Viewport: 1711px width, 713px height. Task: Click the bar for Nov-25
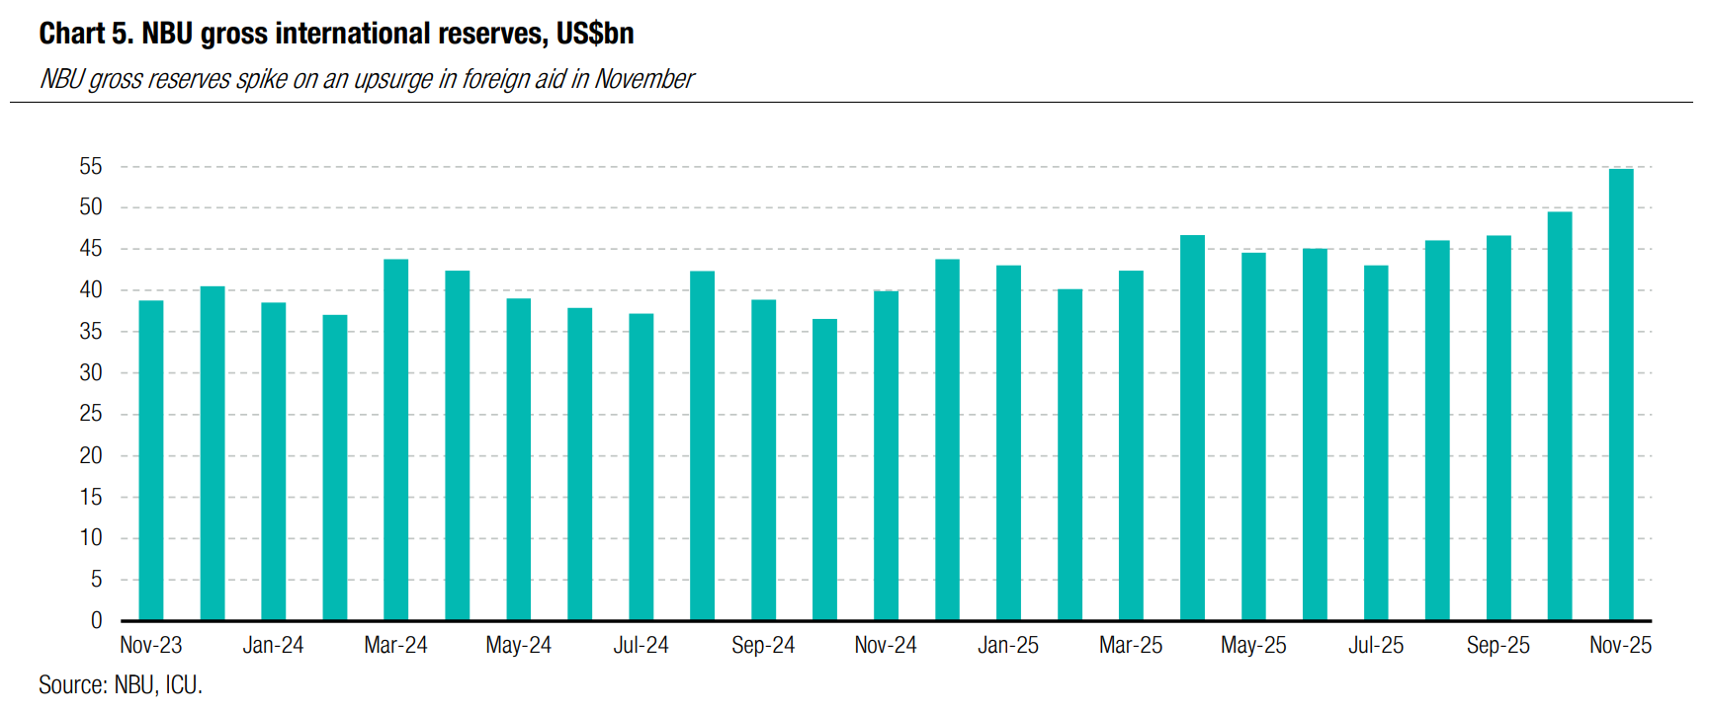tap(1620, 395)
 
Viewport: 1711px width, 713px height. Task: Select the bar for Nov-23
tap(151, 460)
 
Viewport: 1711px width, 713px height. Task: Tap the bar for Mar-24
tap(395, 439)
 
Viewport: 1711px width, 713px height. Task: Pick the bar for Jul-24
tap(641, 467)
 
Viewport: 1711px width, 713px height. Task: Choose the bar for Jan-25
tap(1008, 442)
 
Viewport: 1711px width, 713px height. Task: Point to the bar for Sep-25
tap(1498, 428)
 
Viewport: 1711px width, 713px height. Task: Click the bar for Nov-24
tap(886, 455)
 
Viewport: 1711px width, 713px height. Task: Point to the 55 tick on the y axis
tap(91, 167)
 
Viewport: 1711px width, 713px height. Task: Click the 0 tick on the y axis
tap(97, 620)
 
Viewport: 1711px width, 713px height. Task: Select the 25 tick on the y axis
tap(91, 414)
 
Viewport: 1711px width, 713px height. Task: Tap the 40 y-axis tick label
tap(91, 290)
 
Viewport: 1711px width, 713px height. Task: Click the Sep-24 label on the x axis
tap(763, 645)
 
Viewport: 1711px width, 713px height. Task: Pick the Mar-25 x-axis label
tap(1131, 645)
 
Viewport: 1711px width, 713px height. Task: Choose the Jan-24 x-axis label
tap(273, 645)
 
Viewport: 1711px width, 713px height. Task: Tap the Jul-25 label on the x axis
tap(1376, 645)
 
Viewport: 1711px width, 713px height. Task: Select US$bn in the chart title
tap(595, 34)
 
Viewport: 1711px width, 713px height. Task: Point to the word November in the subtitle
tap(644, 79)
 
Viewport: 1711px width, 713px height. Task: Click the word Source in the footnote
tap(72, 684)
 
